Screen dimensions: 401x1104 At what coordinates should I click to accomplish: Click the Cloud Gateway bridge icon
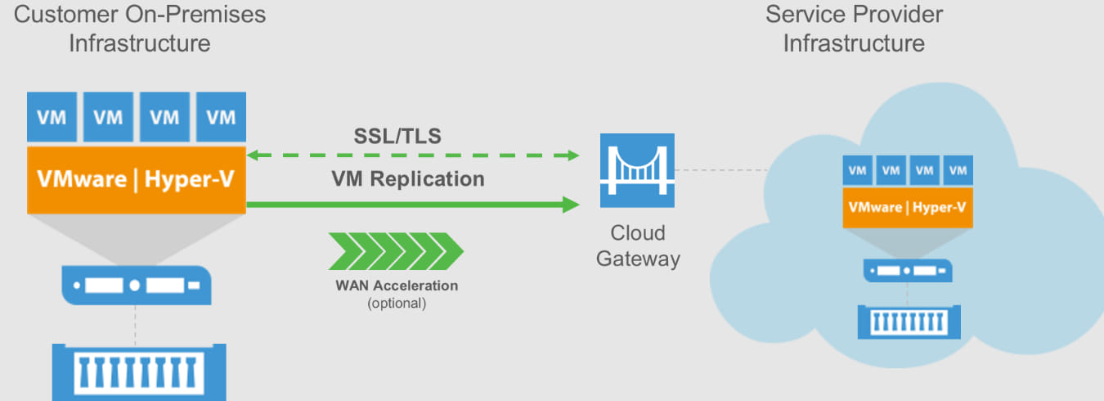pyautogui.click(x=636, y=170)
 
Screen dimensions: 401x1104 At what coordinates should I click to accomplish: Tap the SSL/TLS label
pyautogui.click(x=397, y=136)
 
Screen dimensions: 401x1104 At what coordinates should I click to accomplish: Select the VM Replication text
pyautogui.click(x=407, y=178)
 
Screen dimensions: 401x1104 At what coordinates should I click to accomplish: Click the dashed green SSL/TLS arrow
pyautogui.click(x=413, y=155)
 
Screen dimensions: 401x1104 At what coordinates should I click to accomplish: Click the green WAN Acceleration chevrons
pyautogui.click(x=396, y=250)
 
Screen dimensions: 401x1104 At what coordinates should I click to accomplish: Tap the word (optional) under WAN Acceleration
pyautogui.click(x=397, y=303)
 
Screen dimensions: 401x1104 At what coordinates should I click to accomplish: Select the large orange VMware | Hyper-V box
pyautogui.click(x=137, y=180)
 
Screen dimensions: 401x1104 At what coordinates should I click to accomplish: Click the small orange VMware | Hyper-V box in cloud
pyautogui.click(x=907, y=208)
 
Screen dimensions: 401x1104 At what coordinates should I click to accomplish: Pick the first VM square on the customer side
pyautogui.click(x=52, y=117)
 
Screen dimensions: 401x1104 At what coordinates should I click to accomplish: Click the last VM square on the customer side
pyautogui.click(x=221, y=117)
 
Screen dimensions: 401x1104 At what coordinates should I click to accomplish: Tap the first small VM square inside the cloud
pyautogui.click(x=857, y=171)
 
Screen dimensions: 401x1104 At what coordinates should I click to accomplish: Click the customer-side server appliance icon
pyautogui.click(x=137, y=286)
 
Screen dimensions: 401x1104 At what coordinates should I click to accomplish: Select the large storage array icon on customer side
pyautogui.click(x=139, y=372)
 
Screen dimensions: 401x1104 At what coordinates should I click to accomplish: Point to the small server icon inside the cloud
pyautogui.click(x=907, y=270)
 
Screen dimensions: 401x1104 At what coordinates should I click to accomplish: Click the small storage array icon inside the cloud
pyautogui.click(x=909, y=321)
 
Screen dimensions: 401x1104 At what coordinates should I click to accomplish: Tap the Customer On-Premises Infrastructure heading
pyautogui.click(x=140, y=28)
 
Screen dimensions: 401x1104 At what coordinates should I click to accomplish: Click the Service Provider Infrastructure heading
pyautogui.click(x=854, y=28)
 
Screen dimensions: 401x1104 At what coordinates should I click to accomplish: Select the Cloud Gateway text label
pyautogui.click(x=638, y=246)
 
